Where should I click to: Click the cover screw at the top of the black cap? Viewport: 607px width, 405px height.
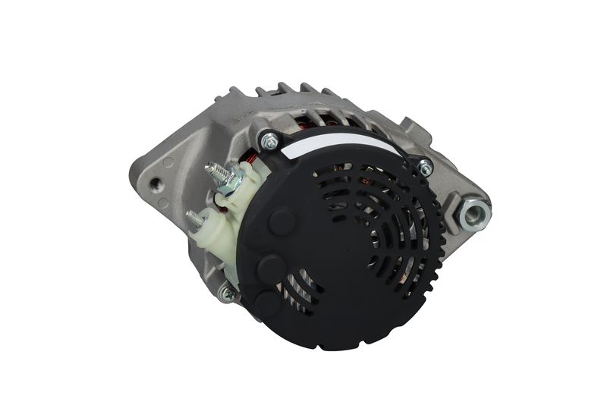pyautogui.click(x=268, y=141)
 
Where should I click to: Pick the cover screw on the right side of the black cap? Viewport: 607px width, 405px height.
pyautogui.click(x=426, y=168)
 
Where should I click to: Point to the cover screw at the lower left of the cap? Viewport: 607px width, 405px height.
pyautogui.click(x=226, y=292)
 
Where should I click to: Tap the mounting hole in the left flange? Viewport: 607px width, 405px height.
pyautogui.click(x=156, y=183)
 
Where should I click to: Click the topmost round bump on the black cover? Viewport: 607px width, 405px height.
pyautogui.click(x=281, y=221)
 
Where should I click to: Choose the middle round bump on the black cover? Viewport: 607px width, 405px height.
pyautogui.click(x=272, y=267)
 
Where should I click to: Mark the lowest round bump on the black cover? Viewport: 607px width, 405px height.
pyautogui.click(x=268, y=303)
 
